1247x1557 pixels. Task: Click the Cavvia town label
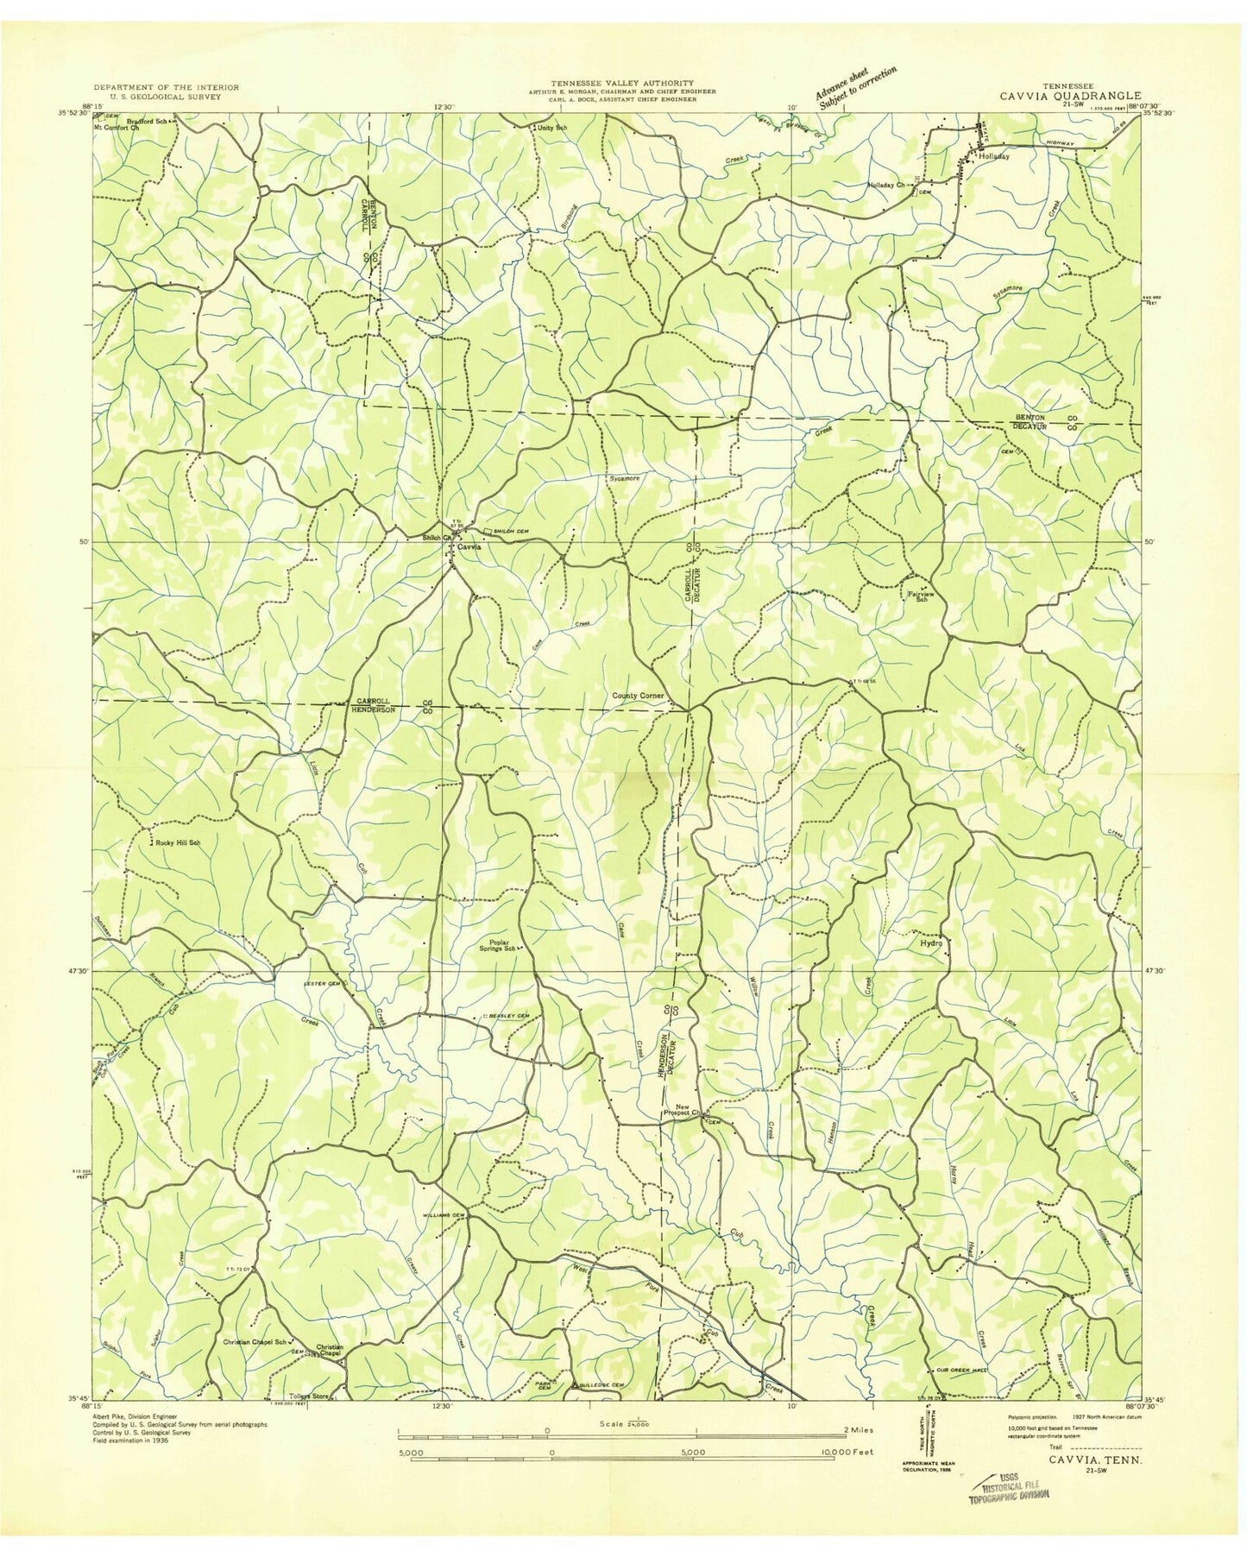click(x=469, y=547)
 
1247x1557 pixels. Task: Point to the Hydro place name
click(x=931, y=943)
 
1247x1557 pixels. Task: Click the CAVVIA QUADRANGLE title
click(x=1070, y=96)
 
